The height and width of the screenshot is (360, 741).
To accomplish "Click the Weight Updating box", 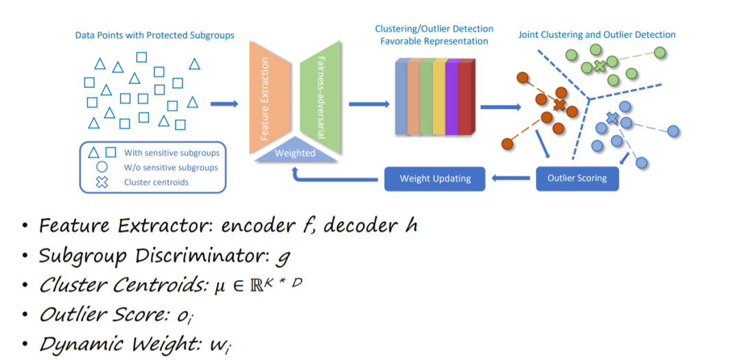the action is pos(435,178).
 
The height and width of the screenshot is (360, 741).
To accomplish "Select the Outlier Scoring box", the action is pos(577,178).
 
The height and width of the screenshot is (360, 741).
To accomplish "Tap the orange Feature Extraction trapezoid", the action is pos(270,98).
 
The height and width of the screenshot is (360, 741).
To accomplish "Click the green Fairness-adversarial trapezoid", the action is pos(320,98).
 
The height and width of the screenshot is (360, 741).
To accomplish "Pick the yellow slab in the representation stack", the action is pos(440,97).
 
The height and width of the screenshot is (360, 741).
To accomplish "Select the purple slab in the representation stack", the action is pos(453,97).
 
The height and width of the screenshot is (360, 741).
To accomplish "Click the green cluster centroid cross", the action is pos(600,66).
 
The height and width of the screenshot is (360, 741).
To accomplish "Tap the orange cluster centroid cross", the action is pos(560,105).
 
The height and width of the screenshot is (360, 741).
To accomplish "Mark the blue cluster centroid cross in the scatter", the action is pos(613,118).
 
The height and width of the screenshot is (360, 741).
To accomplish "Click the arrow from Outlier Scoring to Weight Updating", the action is pos(511,178).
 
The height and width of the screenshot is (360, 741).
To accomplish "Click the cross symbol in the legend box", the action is pos(102,182).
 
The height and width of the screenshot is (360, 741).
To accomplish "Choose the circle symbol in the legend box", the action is pos(102,167).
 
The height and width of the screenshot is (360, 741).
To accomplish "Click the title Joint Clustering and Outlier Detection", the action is pos(597,34).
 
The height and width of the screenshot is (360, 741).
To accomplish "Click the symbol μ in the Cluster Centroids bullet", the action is pos(218,287).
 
